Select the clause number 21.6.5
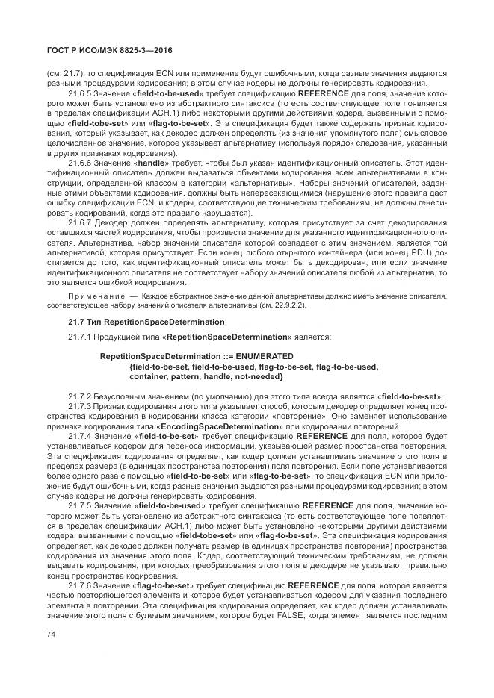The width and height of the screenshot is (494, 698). (x=80, y=94)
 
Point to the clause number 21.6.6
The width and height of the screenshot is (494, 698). (x=80, y=162)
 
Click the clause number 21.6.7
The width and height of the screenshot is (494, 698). (x=80, y=221)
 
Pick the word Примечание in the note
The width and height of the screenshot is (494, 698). (x=90, y=296)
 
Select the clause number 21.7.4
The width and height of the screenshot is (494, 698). (x=80, y=434)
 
